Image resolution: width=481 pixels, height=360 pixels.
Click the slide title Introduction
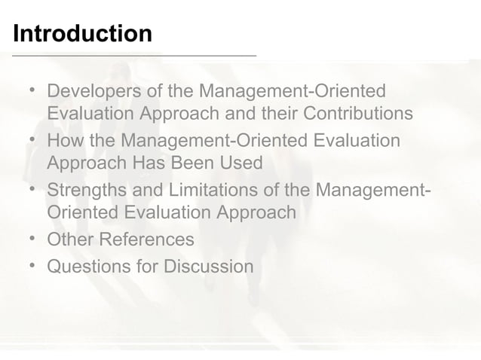click(82, 34)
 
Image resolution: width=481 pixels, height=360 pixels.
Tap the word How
click(65, 141)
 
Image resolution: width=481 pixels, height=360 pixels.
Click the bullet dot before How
click(32, 141)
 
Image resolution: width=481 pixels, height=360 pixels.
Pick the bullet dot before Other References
click(32, 239)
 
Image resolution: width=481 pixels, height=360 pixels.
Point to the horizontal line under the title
click(128, 56)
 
